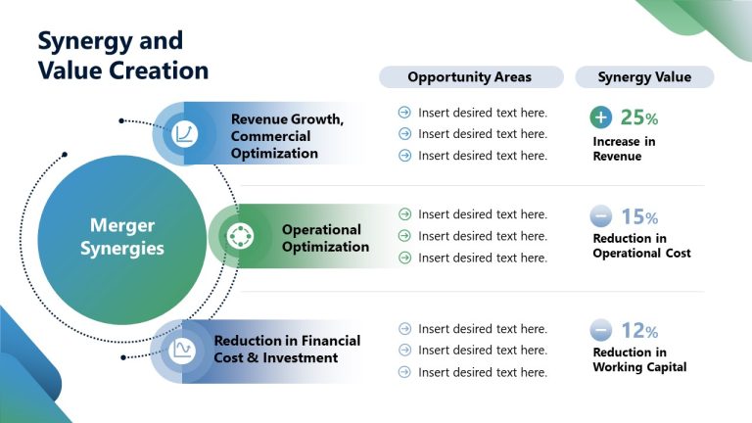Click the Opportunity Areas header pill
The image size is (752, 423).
click(471, 76)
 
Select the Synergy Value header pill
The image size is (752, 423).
click(644, 76)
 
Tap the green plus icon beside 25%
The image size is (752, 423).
click(601, 117)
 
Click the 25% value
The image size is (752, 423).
click(638, 117)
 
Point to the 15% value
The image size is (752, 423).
click(639, 216)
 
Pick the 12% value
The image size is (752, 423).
click(639, 330)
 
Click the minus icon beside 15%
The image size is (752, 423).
click(601, 216)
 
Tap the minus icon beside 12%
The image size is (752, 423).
click(601, 330)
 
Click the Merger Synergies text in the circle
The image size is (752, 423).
click(122, 236)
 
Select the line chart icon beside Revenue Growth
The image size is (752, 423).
click(184, 133)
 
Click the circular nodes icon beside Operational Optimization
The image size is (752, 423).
click(240, 235)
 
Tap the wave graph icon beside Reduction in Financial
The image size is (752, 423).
click(182, 351)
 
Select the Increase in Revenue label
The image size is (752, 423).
click(624, 149)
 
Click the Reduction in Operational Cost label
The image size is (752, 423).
click(641, 246)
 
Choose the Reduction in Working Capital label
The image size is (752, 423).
click(639, 359)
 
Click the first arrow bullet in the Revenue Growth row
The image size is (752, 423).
click(404, 113)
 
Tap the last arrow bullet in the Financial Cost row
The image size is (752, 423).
click(404, 372)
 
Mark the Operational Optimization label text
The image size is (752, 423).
click(326, 238)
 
